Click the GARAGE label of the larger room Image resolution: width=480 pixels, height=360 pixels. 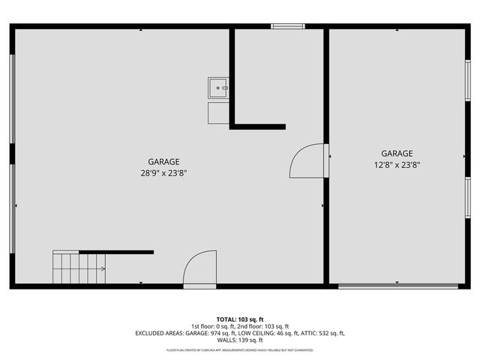tap(163, 161)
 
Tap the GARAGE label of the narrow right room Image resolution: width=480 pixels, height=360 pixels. tap(396, 154)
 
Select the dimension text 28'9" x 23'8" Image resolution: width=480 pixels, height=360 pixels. tap(163, 172)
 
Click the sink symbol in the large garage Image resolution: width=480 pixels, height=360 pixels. tap(219, 88)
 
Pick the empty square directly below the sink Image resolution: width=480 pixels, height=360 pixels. tap(219, 112)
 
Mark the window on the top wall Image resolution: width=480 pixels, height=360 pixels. tap(288, 27)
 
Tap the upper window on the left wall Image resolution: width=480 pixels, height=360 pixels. tap(12, 97)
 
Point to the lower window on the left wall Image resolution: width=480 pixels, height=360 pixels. tap(12, 208)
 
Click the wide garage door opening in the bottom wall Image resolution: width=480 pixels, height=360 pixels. tap(397, 286)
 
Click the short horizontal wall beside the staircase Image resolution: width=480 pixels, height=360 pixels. tap(116, 252)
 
